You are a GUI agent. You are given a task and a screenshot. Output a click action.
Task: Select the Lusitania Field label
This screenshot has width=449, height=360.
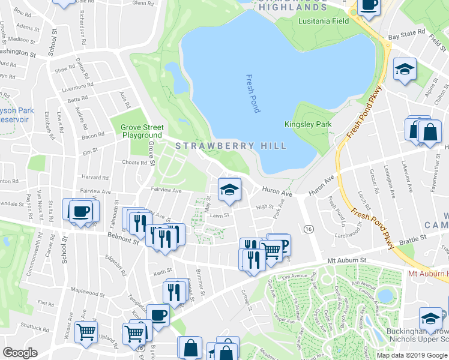pos(324,21)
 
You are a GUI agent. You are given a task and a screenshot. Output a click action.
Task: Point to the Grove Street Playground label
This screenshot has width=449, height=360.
pos(141,131)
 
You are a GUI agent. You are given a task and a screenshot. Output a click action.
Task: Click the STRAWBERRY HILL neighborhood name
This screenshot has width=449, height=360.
pos(218,146)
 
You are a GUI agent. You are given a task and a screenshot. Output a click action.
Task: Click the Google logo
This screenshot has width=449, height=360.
pos(20,353)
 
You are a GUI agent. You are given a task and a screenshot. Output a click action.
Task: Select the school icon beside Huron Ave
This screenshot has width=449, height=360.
pos(229,189)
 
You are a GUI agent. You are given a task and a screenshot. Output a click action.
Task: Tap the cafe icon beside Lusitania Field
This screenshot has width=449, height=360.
pos(368,5)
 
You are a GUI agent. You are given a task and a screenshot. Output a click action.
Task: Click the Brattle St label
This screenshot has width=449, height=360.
pos(414,238)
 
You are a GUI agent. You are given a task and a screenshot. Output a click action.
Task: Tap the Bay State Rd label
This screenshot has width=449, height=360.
pos(402,37)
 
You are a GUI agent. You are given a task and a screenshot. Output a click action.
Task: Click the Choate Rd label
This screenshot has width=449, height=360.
pos(134,162)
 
